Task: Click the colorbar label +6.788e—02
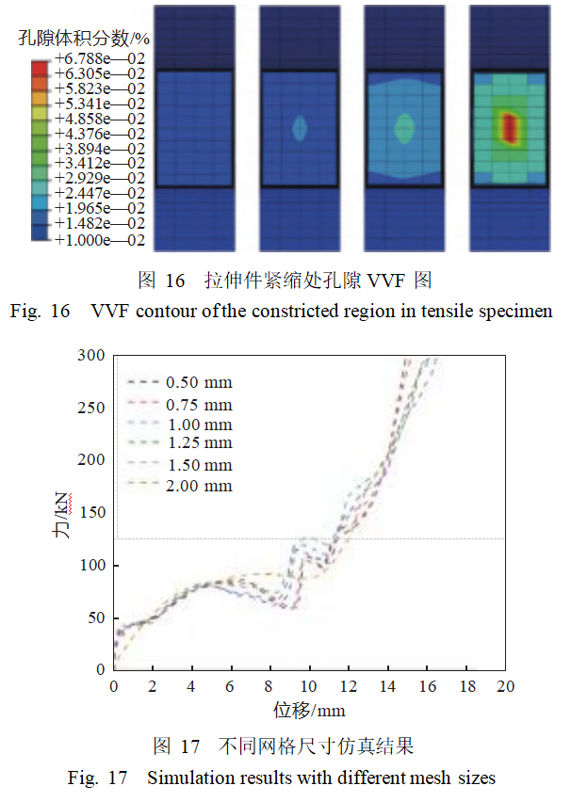click(100, 58)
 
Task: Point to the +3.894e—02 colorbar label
click(100, 149)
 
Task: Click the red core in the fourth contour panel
click(510, 127)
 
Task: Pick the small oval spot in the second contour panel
click(300, 128)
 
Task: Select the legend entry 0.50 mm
click(199, 382)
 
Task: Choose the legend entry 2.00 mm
click(199, 486)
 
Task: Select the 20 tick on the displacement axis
click(505, 687)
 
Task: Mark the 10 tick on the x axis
click(309, 687)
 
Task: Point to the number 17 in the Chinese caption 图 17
click(189, 747)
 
